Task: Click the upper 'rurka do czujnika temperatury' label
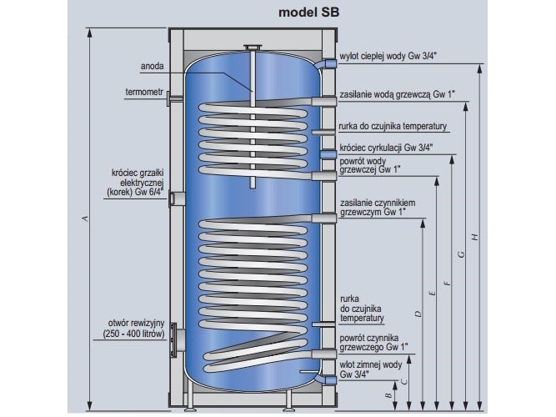(394, 127)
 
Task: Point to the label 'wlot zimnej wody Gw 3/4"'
(371, 369)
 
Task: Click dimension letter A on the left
(83, 219)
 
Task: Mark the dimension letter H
(473, 237)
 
